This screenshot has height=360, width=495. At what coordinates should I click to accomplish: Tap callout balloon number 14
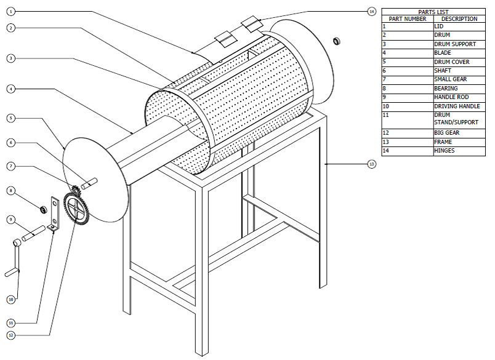371,11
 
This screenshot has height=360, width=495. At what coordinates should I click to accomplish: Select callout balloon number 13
371,164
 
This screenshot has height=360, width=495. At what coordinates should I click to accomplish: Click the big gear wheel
76,209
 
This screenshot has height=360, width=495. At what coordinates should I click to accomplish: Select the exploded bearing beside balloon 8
44,210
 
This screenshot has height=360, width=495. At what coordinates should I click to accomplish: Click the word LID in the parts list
439,27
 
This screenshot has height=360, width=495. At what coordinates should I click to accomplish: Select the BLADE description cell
443,53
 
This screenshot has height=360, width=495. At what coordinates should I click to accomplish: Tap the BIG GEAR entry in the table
446,133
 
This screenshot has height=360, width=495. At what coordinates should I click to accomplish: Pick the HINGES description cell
445,151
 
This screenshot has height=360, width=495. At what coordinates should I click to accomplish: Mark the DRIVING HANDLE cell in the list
455,106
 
